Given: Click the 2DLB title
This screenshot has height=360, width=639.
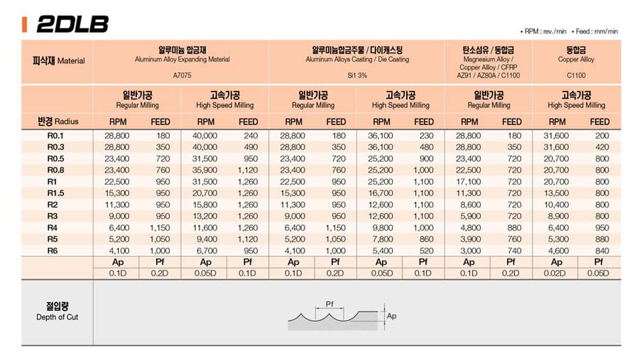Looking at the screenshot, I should [72, 24].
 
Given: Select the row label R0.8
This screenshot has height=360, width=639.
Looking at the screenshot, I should [52, 170].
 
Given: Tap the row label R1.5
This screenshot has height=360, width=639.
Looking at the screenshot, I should [52, 193].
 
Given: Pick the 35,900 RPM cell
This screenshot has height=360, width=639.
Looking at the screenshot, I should [205, 170].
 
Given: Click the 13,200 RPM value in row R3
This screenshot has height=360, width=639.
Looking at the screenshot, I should [205, 216].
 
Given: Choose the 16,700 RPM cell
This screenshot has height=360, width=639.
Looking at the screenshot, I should [381, 193].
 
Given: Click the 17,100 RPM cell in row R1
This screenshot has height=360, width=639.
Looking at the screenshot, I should [469, 182].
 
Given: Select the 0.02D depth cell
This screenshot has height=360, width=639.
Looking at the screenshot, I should [556, 273].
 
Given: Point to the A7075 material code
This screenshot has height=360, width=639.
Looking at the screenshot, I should [182, 76].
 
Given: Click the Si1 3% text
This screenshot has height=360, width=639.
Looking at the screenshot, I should [357, 76].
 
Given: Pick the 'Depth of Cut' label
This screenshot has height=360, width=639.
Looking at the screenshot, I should [58, 317].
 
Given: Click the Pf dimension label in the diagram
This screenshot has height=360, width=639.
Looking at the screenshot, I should [329, 304].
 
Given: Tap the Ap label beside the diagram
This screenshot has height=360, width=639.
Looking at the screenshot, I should [391, 316].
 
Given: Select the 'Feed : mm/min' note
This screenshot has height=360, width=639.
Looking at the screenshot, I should [599, 31].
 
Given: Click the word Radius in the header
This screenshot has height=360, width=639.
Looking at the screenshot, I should [67, 121].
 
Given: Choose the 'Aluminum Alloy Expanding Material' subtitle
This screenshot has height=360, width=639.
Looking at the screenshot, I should [182, 60].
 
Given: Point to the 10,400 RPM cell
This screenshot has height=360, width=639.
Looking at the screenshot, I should [556, 204].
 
